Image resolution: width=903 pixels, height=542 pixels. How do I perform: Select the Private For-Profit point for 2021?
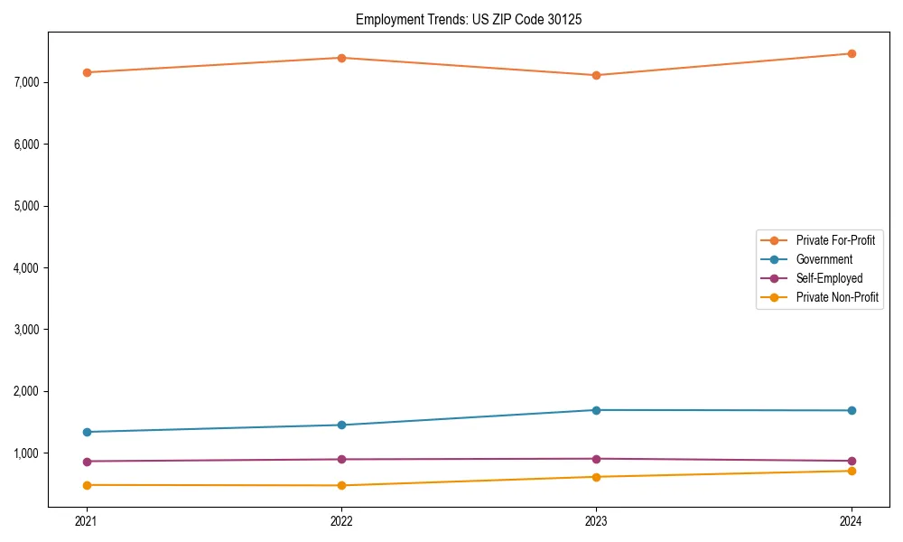(x=87, y=72)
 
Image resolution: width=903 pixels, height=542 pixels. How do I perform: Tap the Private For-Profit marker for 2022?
(x=341, y=58)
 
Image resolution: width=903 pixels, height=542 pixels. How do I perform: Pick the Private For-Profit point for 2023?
(x=596, y=75)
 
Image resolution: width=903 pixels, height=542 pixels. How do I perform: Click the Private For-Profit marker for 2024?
(x=852, y=53)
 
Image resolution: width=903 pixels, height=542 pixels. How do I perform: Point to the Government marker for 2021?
(x=87, y=432)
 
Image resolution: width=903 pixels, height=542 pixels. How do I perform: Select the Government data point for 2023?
(x=596, y=410)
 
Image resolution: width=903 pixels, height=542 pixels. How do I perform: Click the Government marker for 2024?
(x=852, y=411)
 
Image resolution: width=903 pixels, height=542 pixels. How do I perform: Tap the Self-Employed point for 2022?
(x=341, y=459)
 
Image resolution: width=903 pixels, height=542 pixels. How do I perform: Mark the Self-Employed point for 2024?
(x=852, y=461)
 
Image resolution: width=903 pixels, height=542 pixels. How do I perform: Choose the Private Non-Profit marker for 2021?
(x=87, y=485)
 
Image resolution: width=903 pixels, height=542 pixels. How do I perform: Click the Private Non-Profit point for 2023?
(x=596, y=477)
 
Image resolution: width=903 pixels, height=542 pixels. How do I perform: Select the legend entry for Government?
(x=824, y=259)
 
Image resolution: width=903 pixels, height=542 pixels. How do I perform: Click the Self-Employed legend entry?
(x=829, y=278)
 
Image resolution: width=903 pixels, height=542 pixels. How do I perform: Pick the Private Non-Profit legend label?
(x=837, y=297)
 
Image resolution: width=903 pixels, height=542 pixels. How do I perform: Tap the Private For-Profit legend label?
(x=835, y=240)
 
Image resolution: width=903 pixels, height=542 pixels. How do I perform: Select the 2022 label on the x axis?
(x=341, y=520)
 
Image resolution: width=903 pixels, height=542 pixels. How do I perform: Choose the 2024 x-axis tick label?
(x=852, y=520)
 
